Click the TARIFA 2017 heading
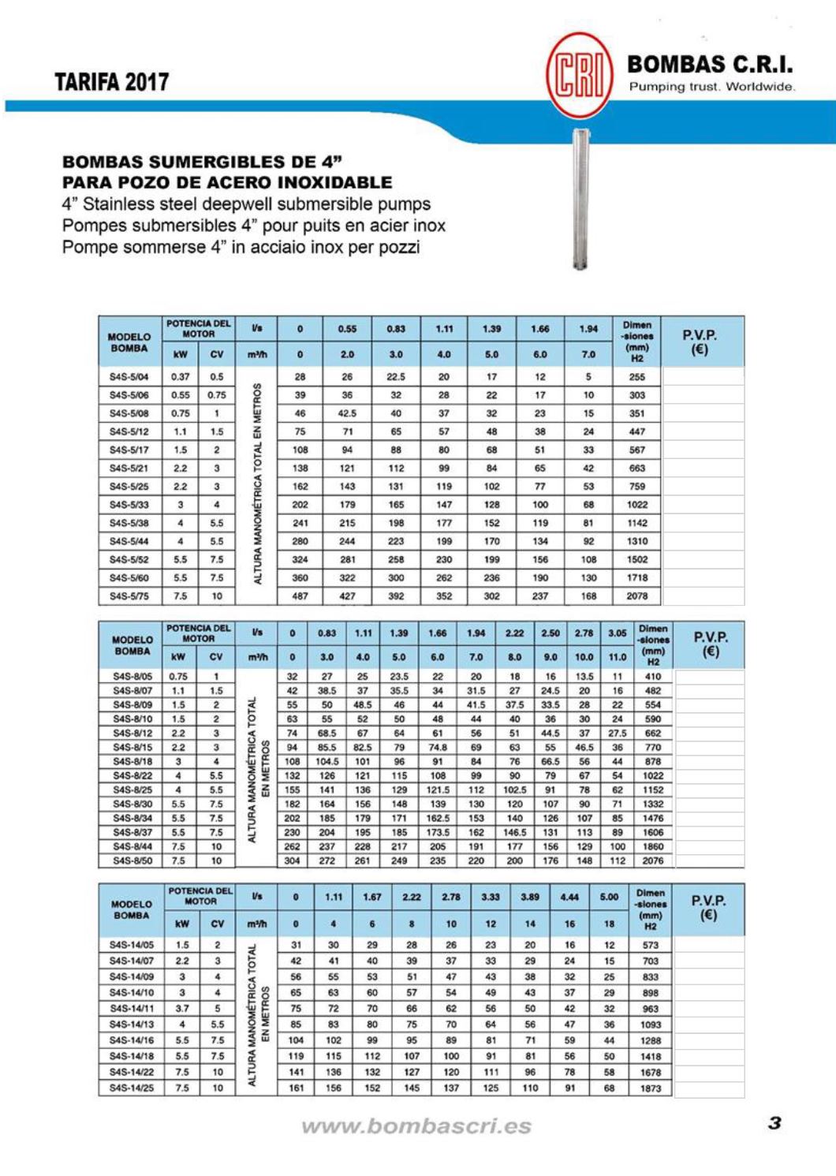pyautogui.click(x=111, y=82)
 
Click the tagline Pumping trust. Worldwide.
pyautogui.click(x=711, y=87)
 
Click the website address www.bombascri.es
pyautogui.click(x=416, y=1126)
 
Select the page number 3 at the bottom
pyautogui.click(x=774, y=1123)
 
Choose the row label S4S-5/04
pyautogui.click(x=129, y=377)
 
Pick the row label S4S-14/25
pyautogui.click(x=132, y=1088)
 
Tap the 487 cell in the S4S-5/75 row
pyautogui.click(x=300, y=596)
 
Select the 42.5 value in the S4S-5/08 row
pyautogui.click(x=347, y=413)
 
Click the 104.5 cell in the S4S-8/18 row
pyautogui.click(x=327, y=761)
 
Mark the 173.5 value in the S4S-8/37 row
pyautogui.click(x=438, y=832)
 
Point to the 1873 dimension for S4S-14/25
pyautogui.click(x=651, y=1088)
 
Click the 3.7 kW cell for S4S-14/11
pyautogui.click(x=182, y=1008)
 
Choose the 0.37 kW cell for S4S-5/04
pyautogui.click(x=181, y=377)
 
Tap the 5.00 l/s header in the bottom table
pyautogui.click(x=609, y=897)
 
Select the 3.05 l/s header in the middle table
pyautogui.click(x=618, y=633)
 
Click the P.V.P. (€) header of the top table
pyautogui.click(x=700, y=342)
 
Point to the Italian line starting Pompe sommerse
pyautogui.click(x=241, y=247)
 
